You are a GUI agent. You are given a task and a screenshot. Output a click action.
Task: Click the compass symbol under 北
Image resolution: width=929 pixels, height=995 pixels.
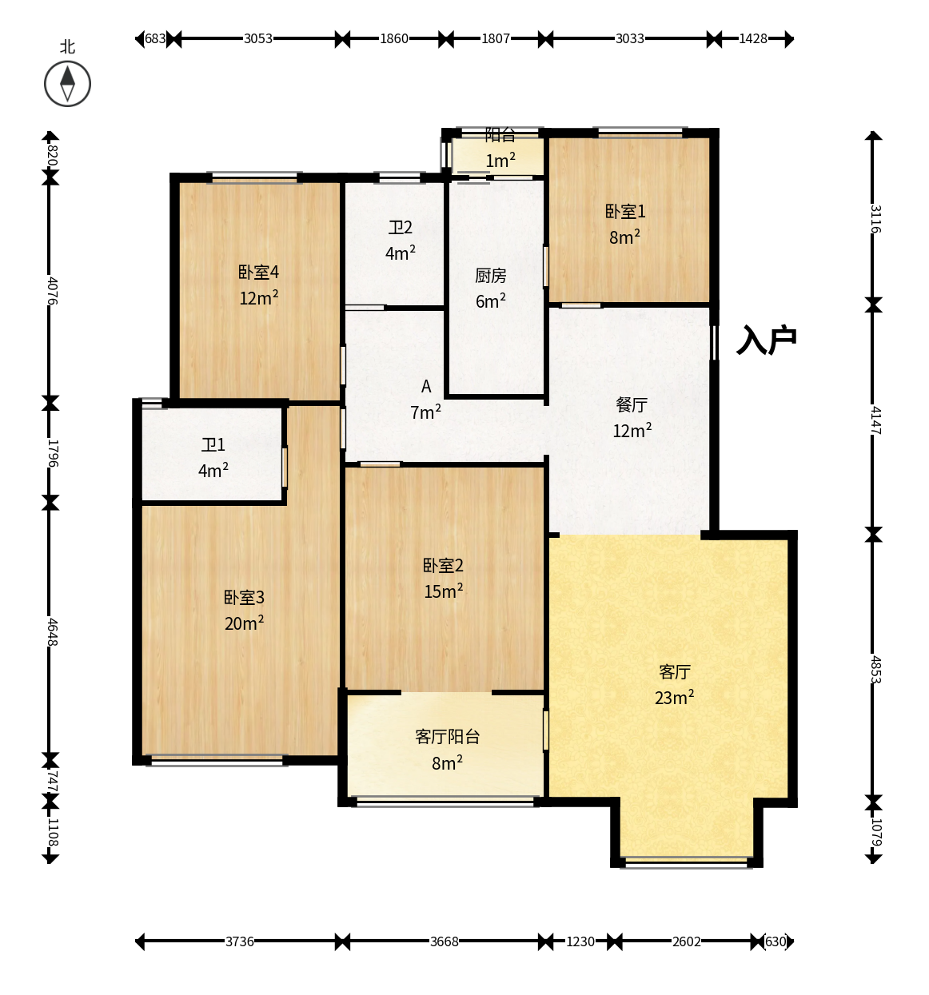point(67,83)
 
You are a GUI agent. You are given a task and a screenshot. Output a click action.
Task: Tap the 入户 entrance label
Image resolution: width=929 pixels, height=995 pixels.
point(766,340)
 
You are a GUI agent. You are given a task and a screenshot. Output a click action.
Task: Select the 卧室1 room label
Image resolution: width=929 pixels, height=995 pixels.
point(624,212)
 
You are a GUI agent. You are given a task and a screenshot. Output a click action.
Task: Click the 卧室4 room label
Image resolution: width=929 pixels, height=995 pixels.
point(258,272)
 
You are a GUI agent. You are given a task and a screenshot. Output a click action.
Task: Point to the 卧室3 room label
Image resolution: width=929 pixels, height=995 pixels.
point(244,597)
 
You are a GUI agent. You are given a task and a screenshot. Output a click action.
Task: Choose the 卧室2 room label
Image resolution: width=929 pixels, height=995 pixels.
point(443,566)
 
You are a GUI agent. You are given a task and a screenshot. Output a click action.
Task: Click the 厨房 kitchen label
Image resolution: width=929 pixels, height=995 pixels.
point(490,276)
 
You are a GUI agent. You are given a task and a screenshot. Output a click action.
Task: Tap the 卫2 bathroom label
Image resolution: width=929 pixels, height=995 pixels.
point(400,228)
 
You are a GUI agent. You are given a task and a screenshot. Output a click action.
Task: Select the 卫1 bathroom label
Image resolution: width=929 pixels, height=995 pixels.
point(213,445)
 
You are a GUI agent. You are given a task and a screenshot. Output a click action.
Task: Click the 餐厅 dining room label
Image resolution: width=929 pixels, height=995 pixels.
point(632,405)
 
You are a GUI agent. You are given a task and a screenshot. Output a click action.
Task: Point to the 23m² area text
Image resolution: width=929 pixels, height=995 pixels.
point(674,697)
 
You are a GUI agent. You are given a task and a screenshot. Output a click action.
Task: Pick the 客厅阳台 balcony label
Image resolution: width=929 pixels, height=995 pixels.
point(447,737)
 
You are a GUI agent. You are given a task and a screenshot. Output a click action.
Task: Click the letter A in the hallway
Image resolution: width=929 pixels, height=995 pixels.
point(425,386)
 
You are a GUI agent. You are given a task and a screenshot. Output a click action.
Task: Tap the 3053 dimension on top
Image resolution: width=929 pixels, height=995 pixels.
point(257,38)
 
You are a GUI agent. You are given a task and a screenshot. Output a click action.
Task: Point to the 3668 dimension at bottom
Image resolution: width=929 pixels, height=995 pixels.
point(445,941)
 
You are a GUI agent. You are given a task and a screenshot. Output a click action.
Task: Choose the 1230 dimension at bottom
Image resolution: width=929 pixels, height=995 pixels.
point(580,941)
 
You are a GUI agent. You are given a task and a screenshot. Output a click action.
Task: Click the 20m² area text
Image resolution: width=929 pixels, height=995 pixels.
point(244,623)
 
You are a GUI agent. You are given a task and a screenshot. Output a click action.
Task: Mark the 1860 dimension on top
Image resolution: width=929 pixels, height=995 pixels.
point(393,38)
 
